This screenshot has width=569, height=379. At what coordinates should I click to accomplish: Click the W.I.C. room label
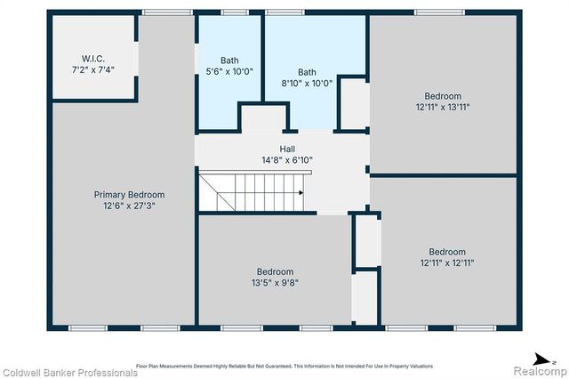click(93, 59)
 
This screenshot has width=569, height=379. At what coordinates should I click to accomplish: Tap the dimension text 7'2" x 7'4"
click(93, 69)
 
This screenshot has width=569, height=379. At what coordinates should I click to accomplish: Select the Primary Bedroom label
click(129, 194)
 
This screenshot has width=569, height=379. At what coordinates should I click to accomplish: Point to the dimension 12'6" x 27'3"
click(129, 205)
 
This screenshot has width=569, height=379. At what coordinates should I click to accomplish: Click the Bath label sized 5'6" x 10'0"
click(229, 60)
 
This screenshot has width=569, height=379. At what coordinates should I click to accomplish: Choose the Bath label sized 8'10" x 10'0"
click(307, 72)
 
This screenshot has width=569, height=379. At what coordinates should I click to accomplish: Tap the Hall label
click(286, 149)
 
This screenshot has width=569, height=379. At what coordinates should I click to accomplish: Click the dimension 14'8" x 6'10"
click(286, 160)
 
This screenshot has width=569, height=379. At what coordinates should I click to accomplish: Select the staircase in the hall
click(251, 192)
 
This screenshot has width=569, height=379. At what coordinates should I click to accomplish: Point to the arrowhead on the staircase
click(301, 192)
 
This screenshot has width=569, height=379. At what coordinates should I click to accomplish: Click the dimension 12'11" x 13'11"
click(442, 107)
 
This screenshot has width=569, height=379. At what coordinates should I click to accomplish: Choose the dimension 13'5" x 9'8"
click(275, 282)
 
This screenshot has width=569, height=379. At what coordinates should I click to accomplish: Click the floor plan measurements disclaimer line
click(284, 366)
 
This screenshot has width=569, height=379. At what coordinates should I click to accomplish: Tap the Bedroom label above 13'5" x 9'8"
click(275, 271)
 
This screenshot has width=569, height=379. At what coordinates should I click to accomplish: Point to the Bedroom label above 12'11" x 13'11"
click(442, 96)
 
